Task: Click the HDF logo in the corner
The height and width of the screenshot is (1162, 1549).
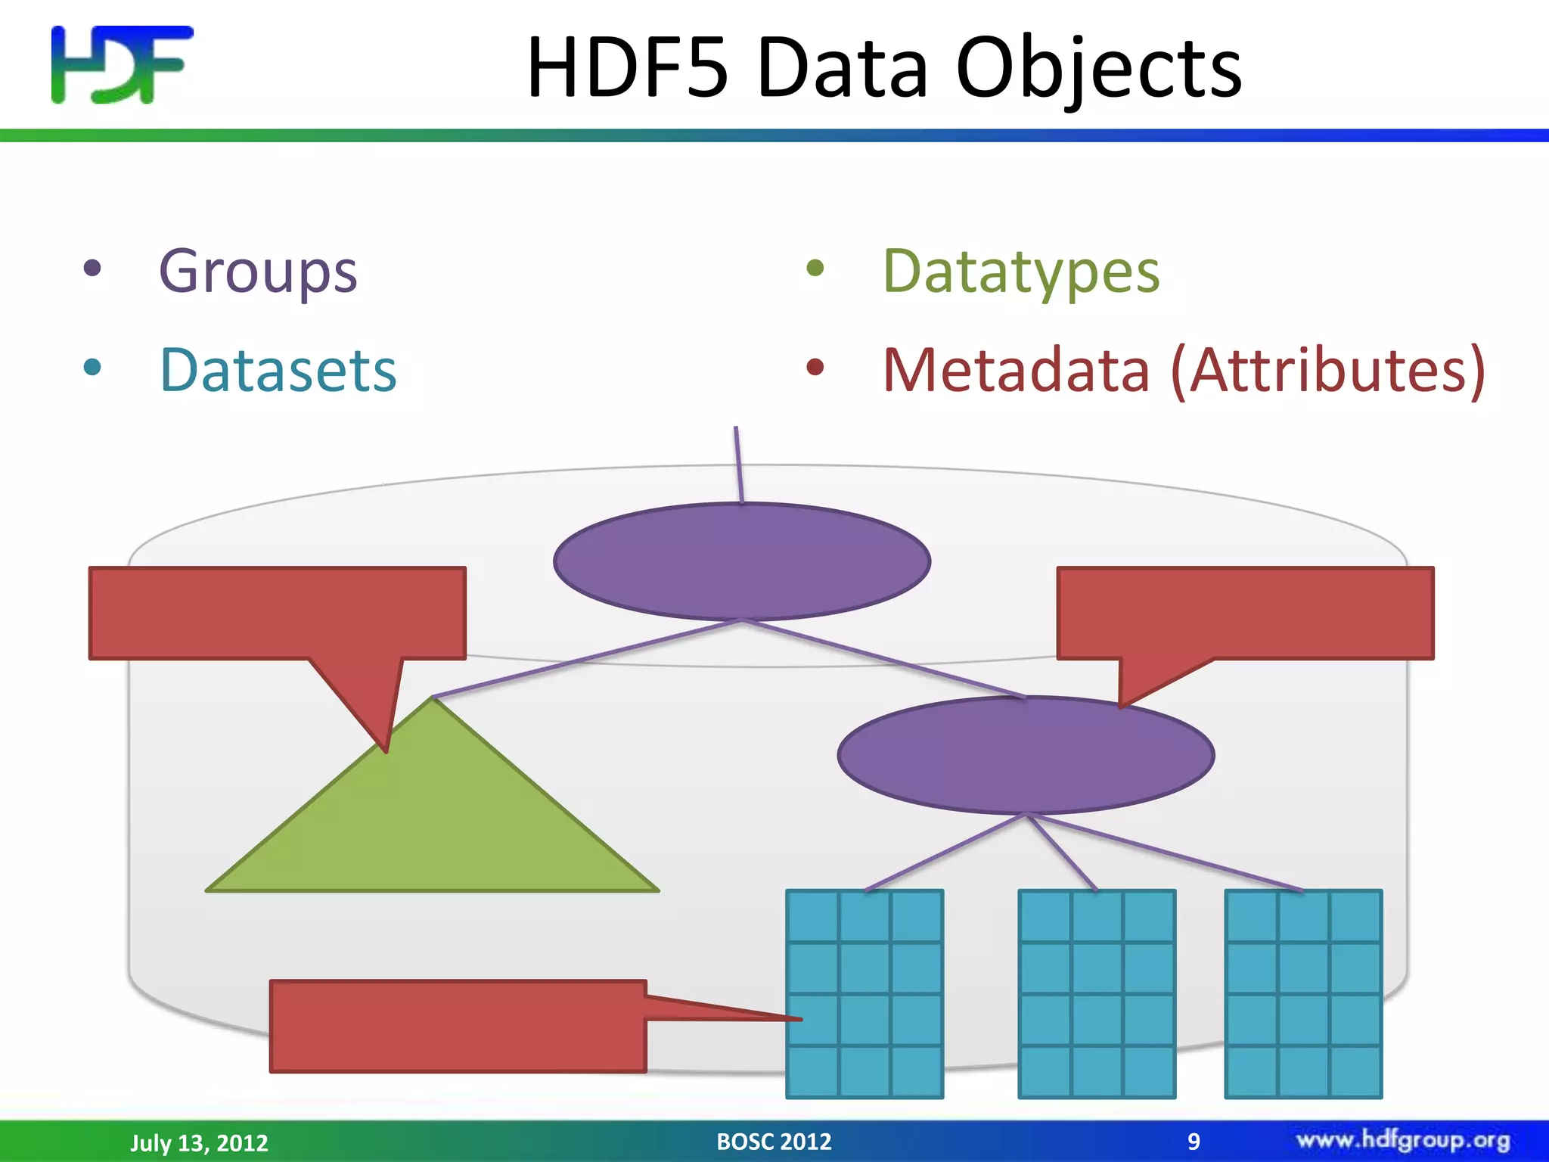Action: (x=121, y=64)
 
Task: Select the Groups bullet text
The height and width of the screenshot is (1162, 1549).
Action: (x=258, y=271)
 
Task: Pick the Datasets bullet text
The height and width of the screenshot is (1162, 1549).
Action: (x=278, y=370)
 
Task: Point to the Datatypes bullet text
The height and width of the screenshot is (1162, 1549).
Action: (x=1021, y=271)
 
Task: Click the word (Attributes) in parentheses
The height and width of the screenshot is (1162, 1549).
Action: (x=1328, y=370)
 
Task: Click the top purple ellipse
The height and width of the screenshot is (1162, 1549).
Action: (x=742, y=561)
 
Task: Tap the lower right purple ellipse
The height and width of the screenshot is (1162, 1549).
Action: (x=1026, y=755)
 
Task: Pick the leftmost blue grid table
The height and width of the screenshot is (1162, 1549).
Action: (x=865, y=993)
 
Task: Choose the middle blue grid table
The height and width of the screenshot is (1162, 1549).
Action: (x=1097, y=993)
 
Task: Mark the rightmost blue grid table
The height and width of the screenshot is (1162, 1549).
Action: (x=1303, y=993)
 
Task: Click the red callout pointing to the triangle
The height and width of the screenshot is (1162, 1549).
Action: (x=277, y=613)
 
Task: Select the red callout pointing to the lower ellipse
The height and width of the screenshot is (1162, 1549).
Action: (x=1245, y=613)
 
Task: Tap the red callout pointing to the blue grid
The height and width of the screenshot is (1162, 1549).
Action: (x=458, y=1026)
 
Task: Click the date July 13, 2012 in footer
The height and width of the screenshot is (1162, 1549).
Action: (x=199, y=1142)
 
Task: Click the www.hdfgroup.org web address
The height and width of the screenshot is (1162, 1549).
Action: (x=1403, y=1140)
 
